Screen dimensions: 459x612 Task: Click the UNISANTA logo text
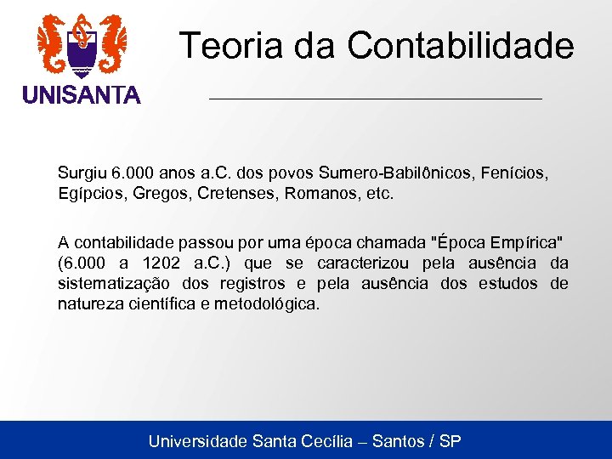[x=82, y=95]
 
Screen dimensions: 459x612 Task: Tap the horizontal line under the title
[x=375, y=99]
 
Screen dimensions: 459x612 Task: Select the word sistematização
[x=114, y=283]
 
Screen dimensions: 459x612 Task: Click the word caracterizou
[x=367, y=263]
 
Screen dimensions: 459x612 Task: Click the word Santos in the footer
[x=400, y=441]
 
